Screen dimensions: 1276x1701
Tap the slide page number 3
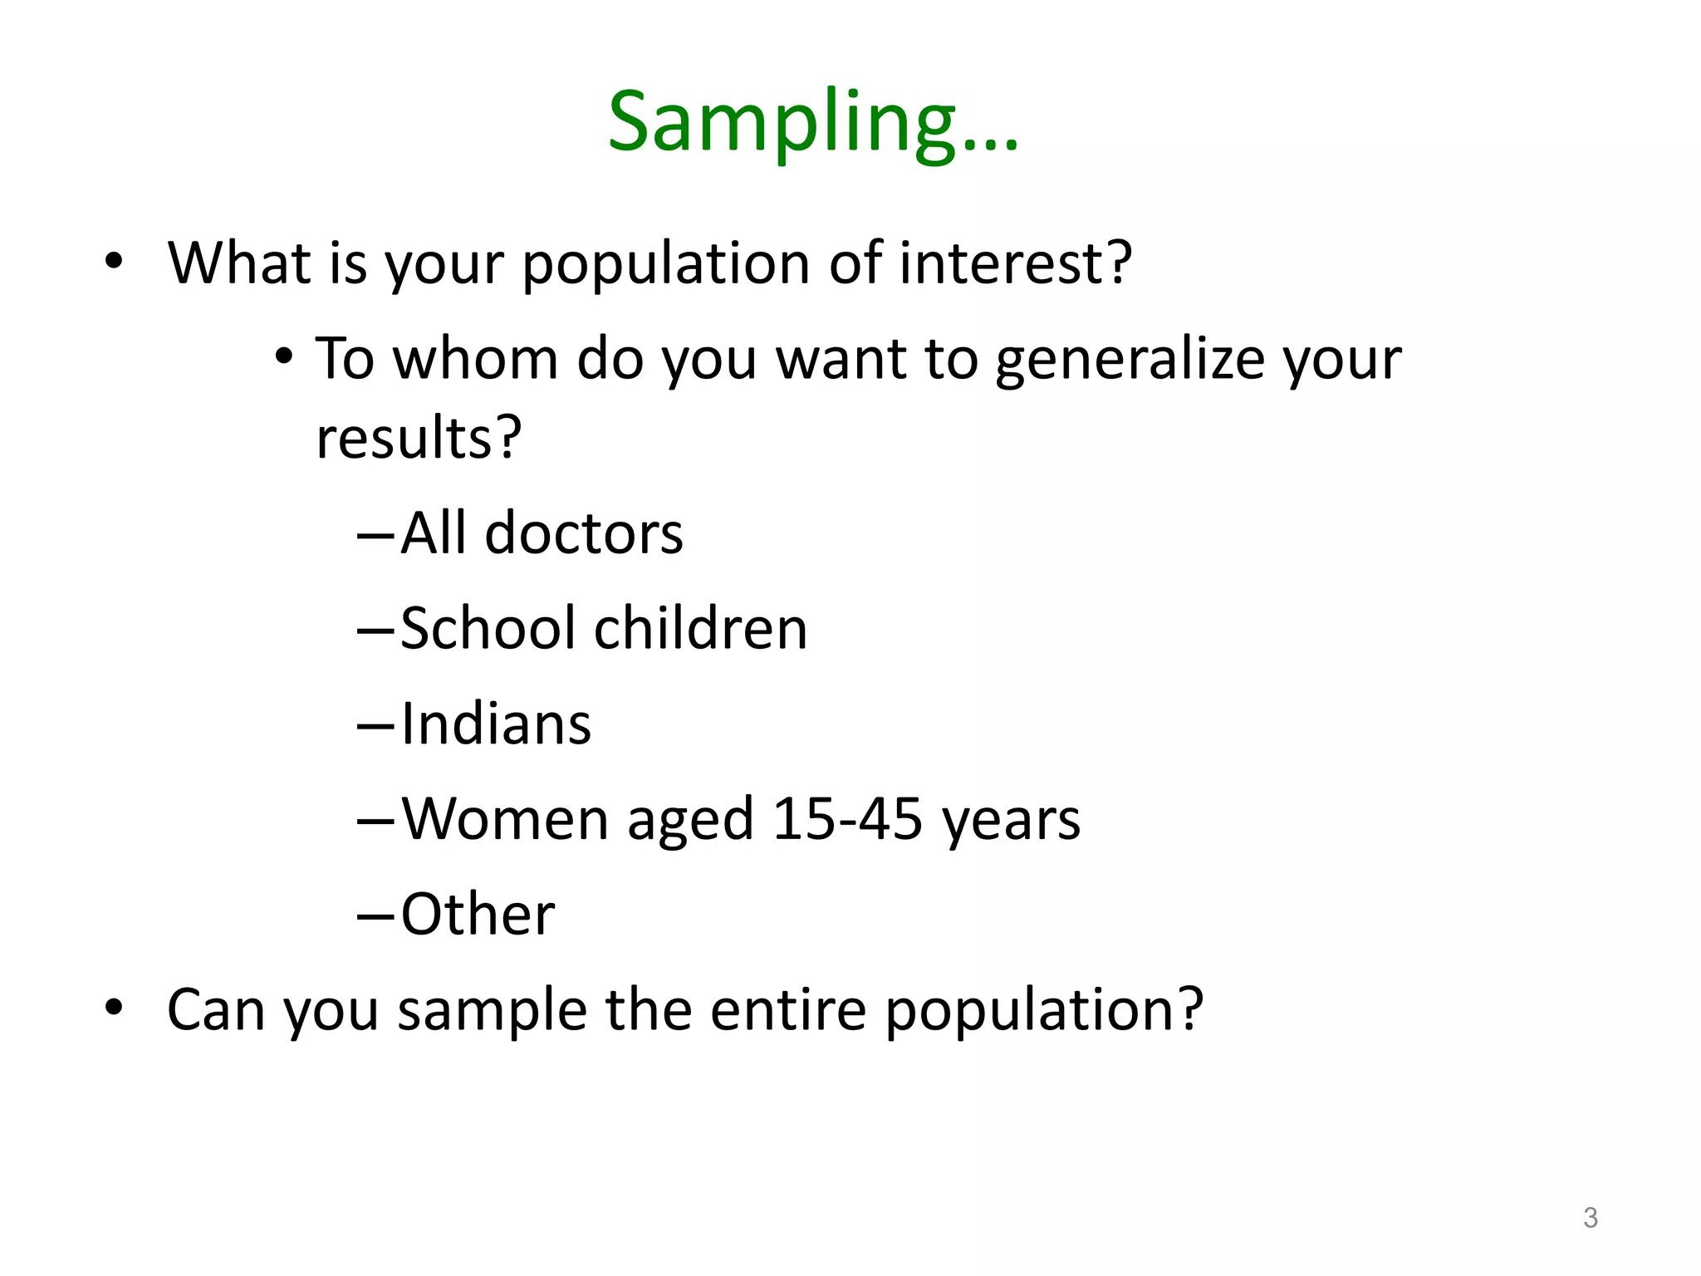point(1590,1218)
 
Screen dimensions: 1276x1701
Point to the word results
point(418,437)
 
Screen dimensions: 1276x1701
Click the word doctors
point(583,533)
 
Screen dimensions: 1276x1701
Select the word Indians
point(496,724)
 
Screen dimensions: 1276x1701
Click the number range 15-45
point(847,819)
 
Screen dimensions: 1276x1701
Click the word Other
point(478,915)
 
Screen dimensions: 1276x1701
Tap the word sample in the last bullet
point(492,1011)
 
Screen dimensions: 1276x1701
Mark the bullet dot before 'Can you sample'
point(114,1009)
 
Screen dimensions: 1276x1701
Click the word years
point(1011,821)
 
